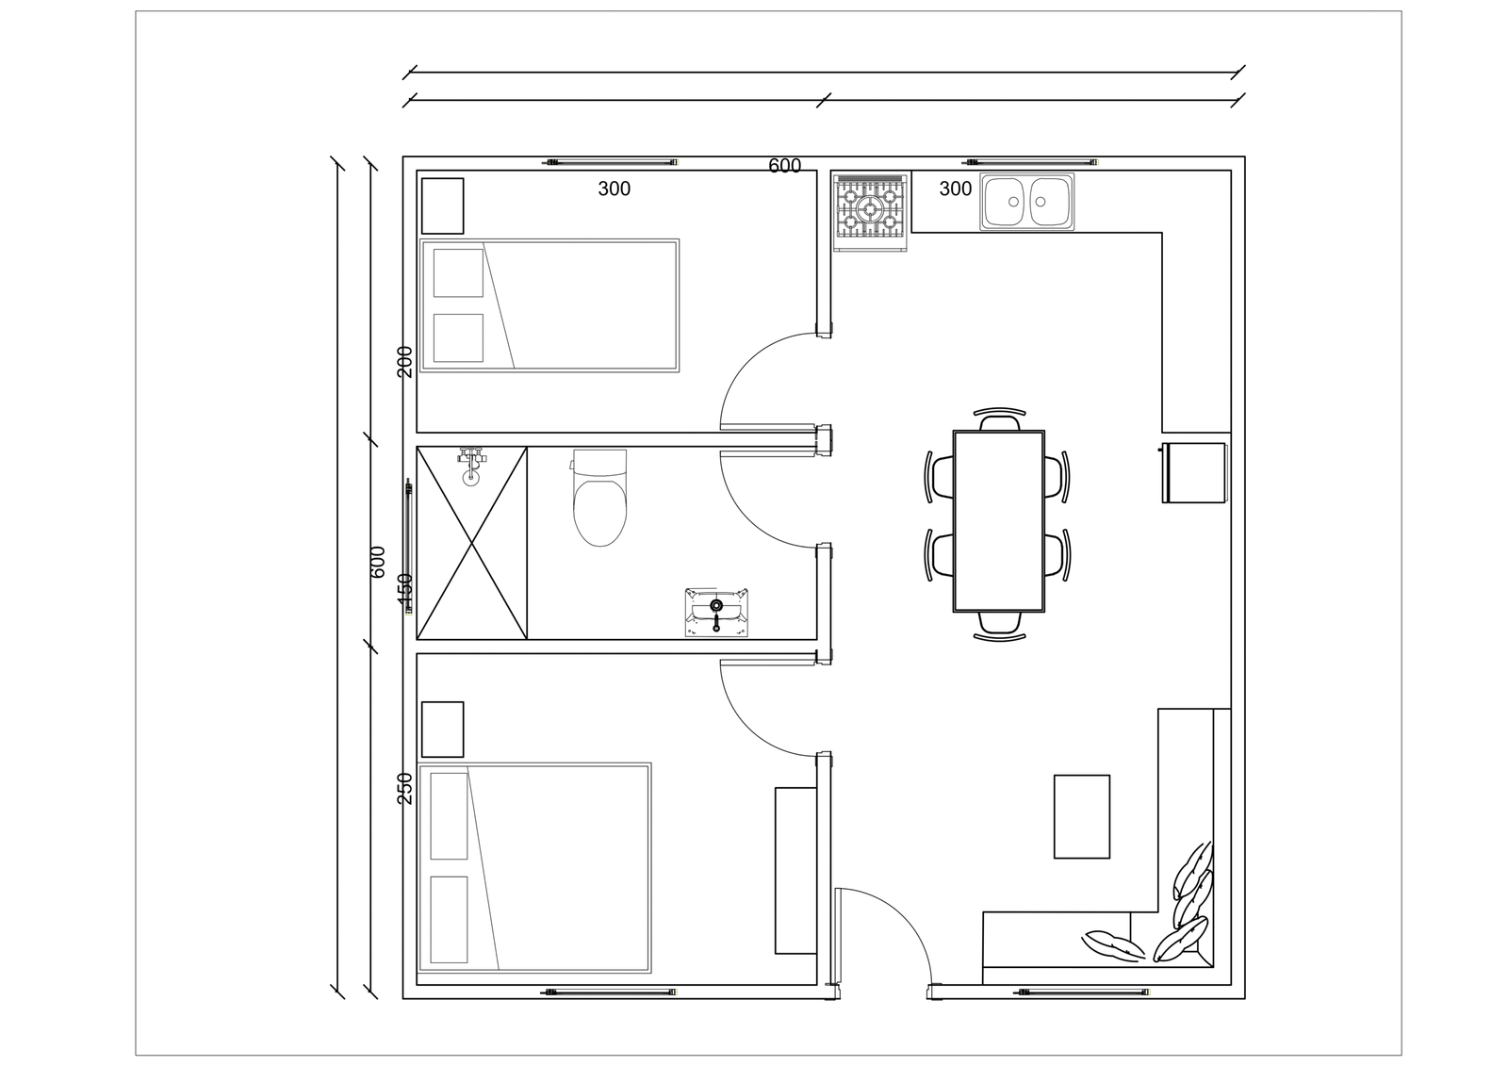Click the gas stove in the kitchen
tap(871, 212)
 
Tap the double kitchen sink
tap(1026, 202)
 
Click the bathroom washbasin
tap(716, 612)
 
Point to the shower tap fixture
tap(471, 466)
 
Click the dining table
tap(999, 521)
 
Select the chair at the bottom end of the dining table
tap(1000, 624)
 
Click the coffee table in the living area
tap(1081, 816)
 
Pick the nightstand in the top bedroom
tap(442, 206)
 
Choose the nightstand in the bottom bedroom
tap(442, 730)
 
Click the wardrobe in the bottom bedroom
tap(795, 870)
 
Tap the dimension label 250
tap(404, 788)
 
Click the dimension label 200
tap(404, 362)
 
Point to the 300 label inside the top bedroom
tap(614, 189)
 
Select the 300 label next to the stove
tap(956, 189)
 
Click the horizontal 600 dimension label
tap(785, 166)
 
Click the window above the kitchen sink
tap(1030, 162)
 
